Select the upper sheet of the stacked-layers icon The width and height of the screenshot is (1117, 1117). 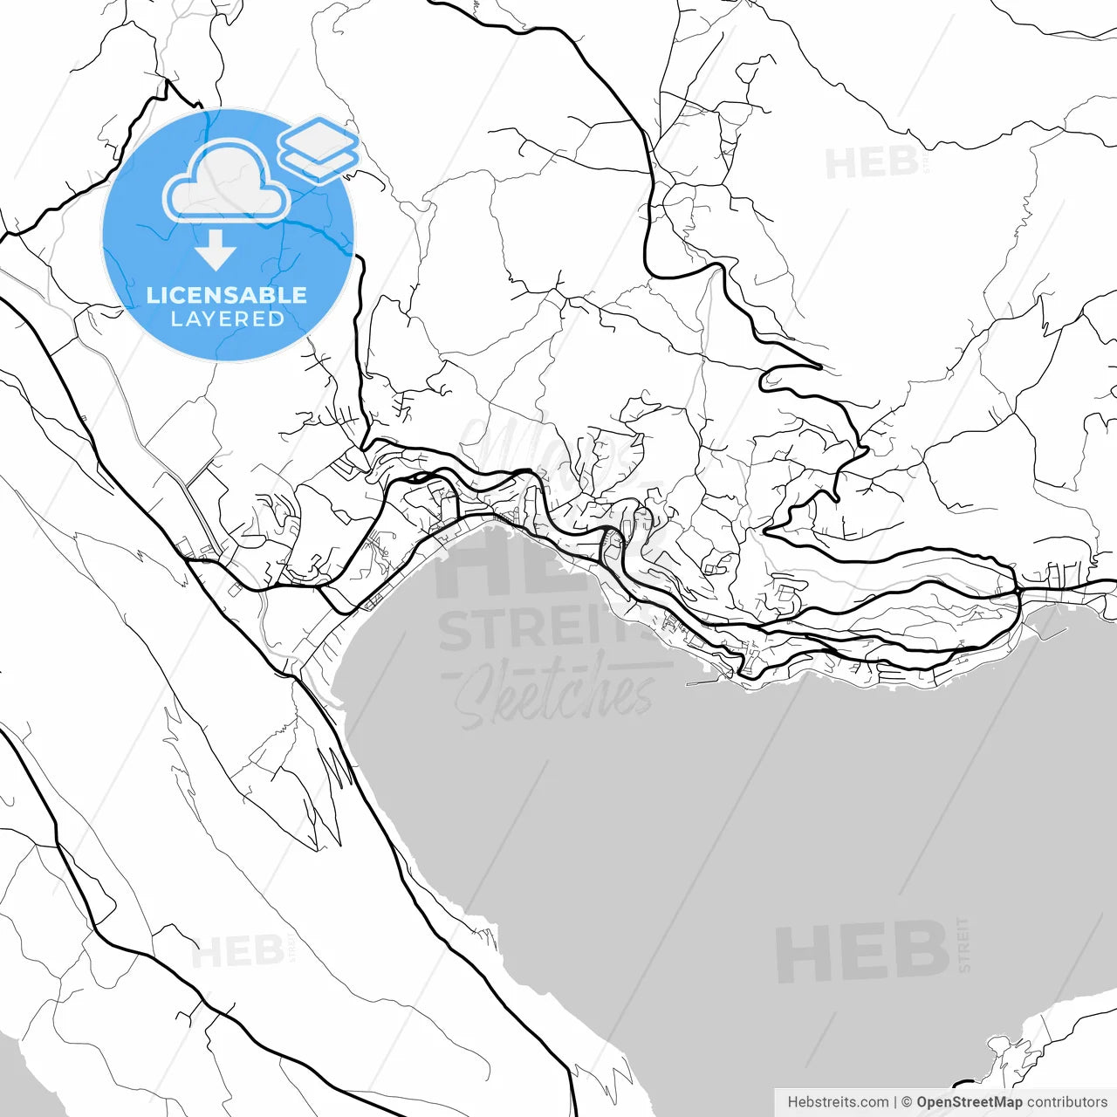(x=319, y=138)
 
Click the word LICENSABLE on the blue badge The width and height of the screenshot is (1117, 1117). (x=227, y=295)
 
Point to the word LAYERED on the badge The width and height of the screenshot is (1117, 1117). (x=227, y=319)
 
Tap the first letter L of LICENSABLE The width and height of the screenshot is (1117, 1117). (x=153, y=295)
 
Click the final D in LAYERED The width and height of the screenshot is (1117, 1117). (x=276, y=319)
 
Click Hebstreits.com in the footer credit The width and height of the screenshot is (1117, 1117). (x=838, y=1102)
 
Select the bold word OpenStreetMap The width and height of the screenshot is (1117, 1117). (x=969, y=1102)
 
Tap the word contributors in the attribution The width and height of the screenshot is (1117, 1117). (x=1066, y=1102)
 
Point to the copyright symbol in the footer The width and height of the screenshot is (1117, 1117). (x=907, y=1102)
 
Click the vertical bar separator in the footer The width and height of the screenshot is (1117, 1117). (x=895, y=1102)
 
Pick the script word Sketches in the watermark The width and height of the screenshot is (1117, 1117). (x=554, y=694)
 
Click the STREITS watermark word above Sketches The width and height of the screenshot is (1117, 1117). (x=541, y=630)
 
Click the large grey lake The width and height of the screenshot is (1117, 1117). (x=698, y=829)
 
